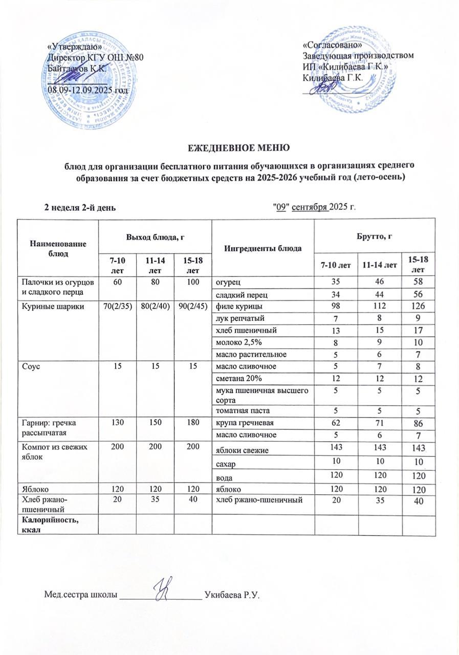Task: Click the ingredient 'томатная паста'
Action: (241, 410)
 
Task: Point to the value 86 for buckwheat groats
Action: (419, 424)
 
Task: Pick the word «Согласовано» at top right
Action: (329, 46)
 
